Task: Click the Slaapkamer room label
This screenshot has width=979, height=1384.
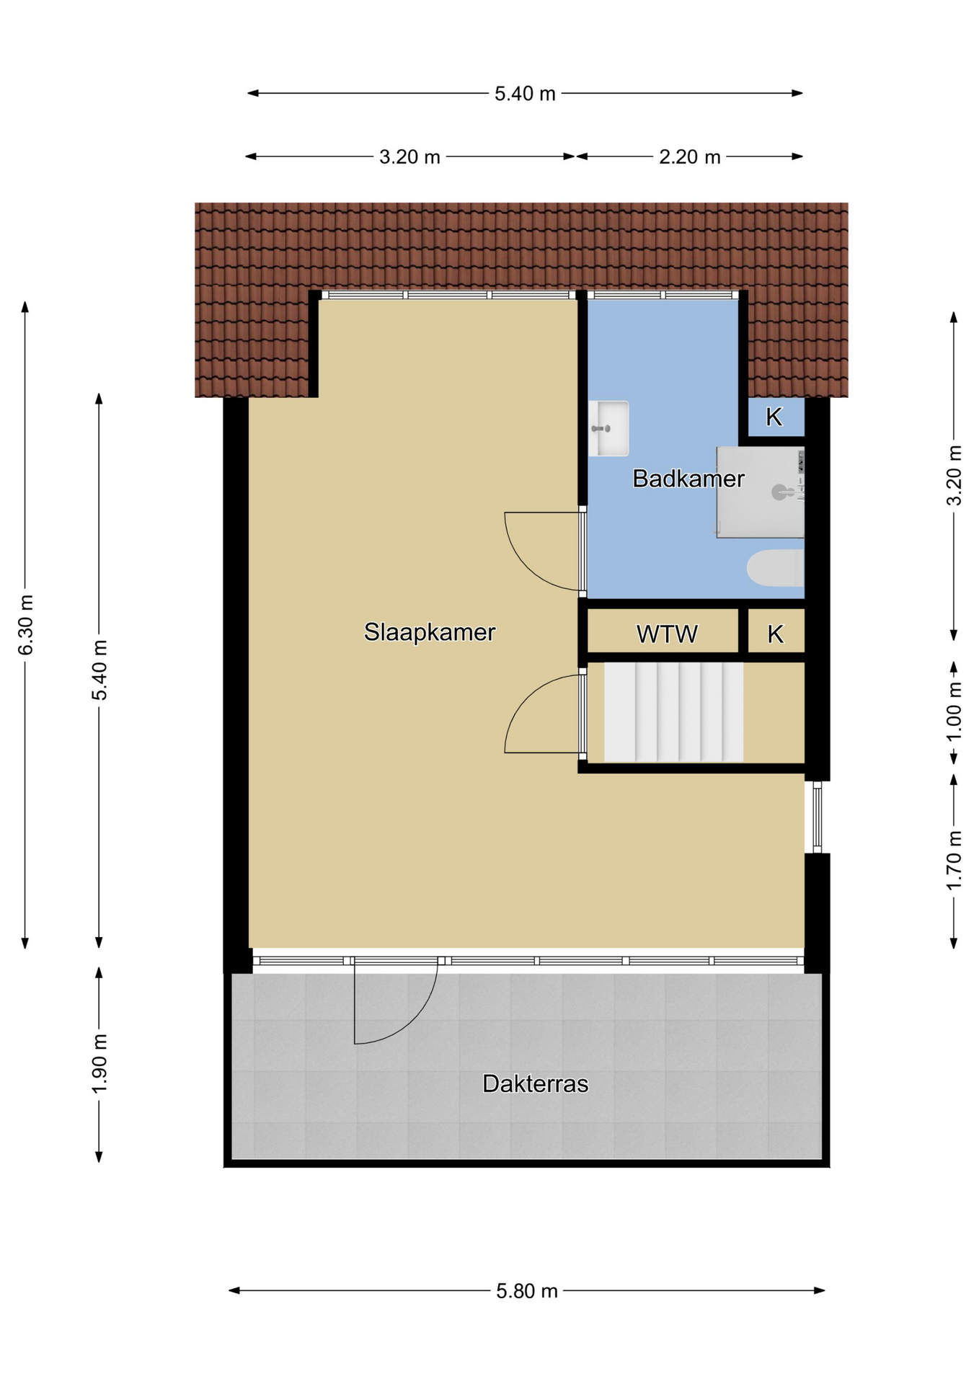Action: tap(430, 632)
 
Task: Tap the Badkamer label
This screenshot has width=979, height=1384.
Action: tap(688, 479)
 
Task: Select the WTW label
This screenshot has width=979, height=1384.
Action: tap(667, 634)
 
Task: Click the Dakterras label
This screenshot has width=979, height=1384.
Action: tap(536, 1083)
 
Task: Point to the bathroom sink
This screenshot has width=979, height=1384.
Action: tap(608, 429)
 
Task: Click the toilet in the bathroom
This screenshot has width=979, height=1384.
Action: tap(775, 568)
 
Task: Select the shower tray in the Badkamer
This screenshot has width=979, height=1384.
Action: tap(761, 492)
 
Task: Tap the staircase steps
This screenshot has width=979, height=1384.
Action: tap(673, 712)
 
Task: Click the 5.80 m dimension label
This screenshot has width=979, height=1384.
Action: tap(527, 1290)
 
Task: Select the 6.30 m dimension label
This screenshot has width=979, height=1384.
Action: tap(26, 625)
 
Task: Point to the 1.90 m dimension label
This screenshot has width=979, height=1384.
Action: tap(99, 1063)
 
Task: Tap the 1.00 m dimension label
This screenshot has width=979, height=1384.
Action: tap(954, 711)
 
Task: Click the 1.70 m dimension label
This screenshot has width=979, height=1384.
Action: tap(954, 860)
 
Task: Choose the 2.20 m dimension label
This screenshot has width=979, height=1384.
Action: tap(690, 156)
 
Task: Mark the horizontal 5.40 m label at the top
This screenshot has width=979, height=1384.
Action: tap(525, 94)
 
